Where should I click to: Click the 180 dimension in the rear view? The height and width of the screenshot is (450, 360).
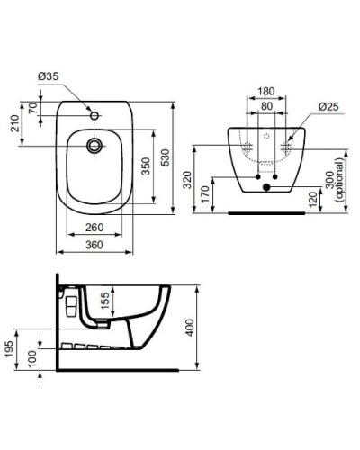[264, 91]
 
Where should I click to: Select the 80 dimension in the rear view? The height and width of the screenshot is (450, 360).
[264, 104]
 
